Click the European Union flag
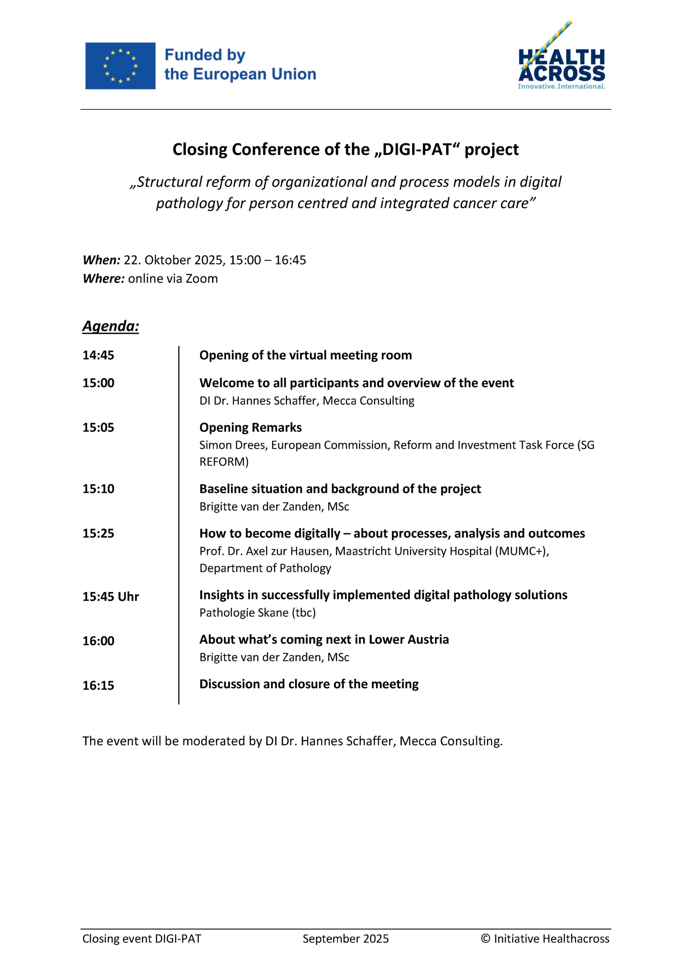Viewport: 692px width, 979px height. click(120, 66)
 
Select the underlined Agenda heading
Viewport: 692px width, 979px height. click(110, 326)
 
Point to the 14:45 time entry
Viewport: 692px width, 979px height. click(99, 355)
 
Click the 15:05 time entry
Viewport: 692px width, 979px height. click(99, 428)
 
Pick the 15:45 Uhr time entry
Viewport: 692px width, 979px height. click(110, 597)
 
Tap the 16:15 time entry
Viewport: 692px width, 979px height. click(99, 685)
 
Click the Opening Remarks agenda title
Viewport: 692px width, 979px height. click(250, 428)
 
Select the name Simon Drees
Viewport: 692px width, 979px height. click(233, 445)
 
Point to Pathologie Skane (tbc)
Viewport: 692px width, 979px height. click(258, 613)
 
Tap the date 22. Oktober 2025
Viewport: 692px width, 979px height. click(173, 260)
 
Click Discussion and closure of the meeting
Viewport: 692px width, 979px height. click(309, 685)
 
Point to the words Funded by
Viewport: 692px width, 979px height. click(205, 55)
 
